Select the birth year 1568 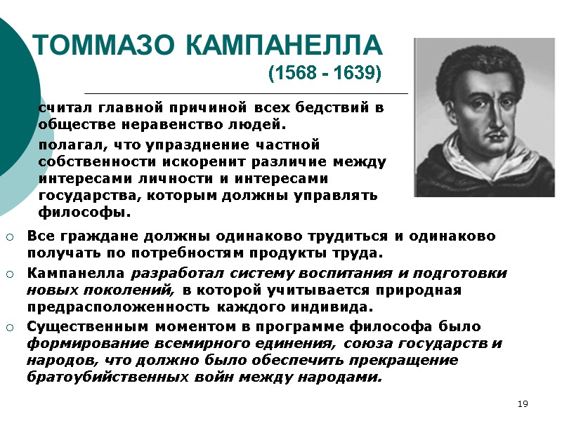click(x=298, y=74)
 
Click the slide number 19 click(x=522, y=403)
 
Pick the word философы click(x=84, y=211)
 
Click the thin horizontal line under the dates click(x=246, y=93)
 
